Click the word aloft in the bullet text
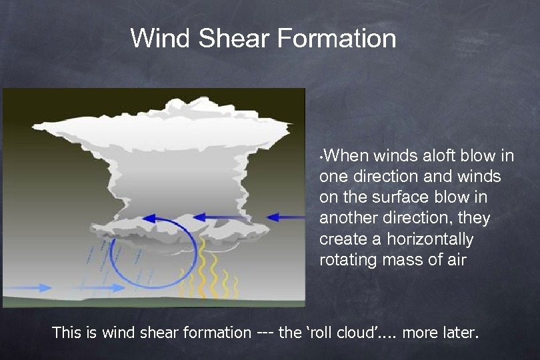443,157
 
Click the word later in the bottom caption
461,332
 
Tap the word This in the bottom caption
67,332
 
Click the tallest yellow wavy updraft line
202,263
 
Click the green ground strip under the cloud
153,301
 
